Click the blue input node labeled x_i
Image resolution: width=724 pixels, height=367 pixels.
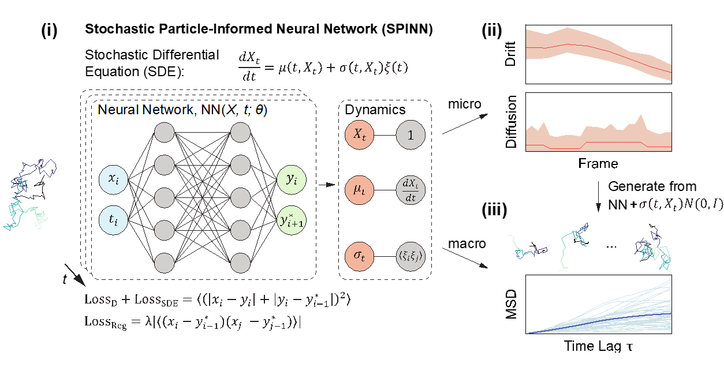(x=117, y=179)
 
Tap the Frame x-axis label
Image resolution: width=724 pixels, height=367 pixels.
(x=598, y=164)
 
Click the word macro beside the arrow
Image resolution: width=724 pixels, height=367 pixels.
(x=466, y=244)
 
